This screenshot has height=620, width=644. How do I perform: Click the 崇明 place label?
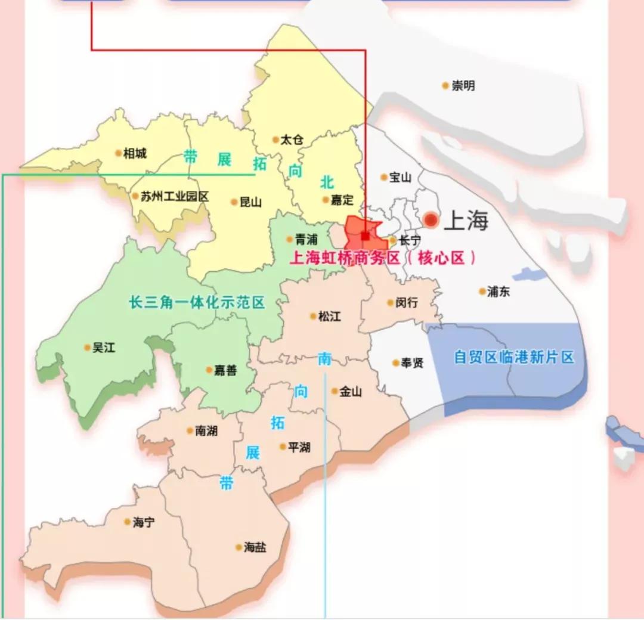click(x=463, y=86)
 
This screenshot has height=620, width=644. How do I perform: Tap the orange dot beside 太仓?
click(x=275, y=140)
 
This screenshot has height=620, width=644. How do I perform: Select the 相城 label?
click(x=134, y=154)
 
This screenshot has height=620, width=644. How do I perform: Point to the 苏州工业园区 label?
click(x=174, y=196)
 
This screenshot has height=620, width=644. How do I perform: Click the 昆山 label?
click(x=250, y=202)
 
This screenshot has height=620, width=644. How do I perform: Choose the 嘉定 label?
click(x=342, y=200)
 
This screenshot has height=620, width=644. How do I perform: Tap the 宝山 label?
click(x=400, y=178)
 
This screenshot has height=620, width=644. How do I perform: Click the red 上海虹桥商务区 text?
click(x=346, y=258)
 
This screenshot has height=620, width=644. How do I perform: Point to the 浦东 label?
click(x=498, y=292)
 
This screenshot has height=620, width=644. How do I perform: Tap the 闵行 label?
click(x=406, y=303)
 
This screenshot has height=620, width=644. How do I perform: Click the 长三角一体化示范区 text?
click(x=197, y=302)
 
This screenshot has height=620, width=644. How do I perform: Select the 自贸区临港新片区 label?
click(x=513, y=357)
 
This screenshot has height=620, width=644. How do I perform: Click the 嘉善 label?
click(x=225, y=370)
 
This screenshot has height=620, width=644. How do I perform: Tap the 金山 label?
click(x=351, y=392)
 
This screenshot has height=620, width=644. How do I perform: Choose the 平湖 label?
click(x=299, y=447)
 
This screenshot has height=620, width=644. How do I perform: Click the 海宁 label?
click(x=143, y=522)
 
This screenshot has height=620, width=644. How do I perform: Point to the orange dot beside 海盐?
click(x=239, y=547)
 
